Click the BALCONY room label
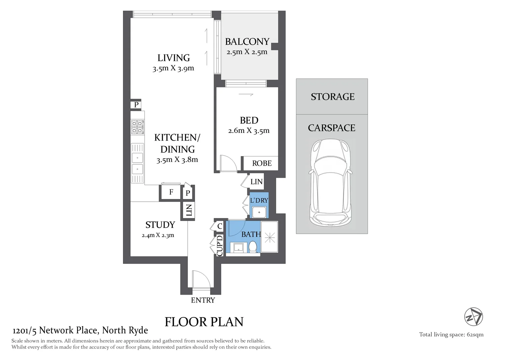(247, 42)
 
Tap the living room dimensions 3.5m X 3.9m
(173, 68)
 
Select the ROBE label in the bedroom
(262, 163)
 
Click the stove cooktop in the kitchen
(137, 127)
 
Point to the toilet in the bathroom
(253, 247)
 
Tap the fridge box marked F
(171, 192)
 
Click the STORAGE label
(332, 97)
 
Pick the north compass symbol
(474, 317)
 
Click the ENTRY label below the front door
(203, 300)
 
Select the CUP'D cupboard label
(220, 246)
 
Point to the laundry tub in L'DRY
(259, 212)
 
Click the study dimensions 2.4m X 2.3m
(158, 235)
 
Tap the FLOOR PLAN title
(204, 322)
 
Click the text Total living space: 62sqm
(451, 335)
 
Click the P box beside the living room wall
(136, 105)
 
